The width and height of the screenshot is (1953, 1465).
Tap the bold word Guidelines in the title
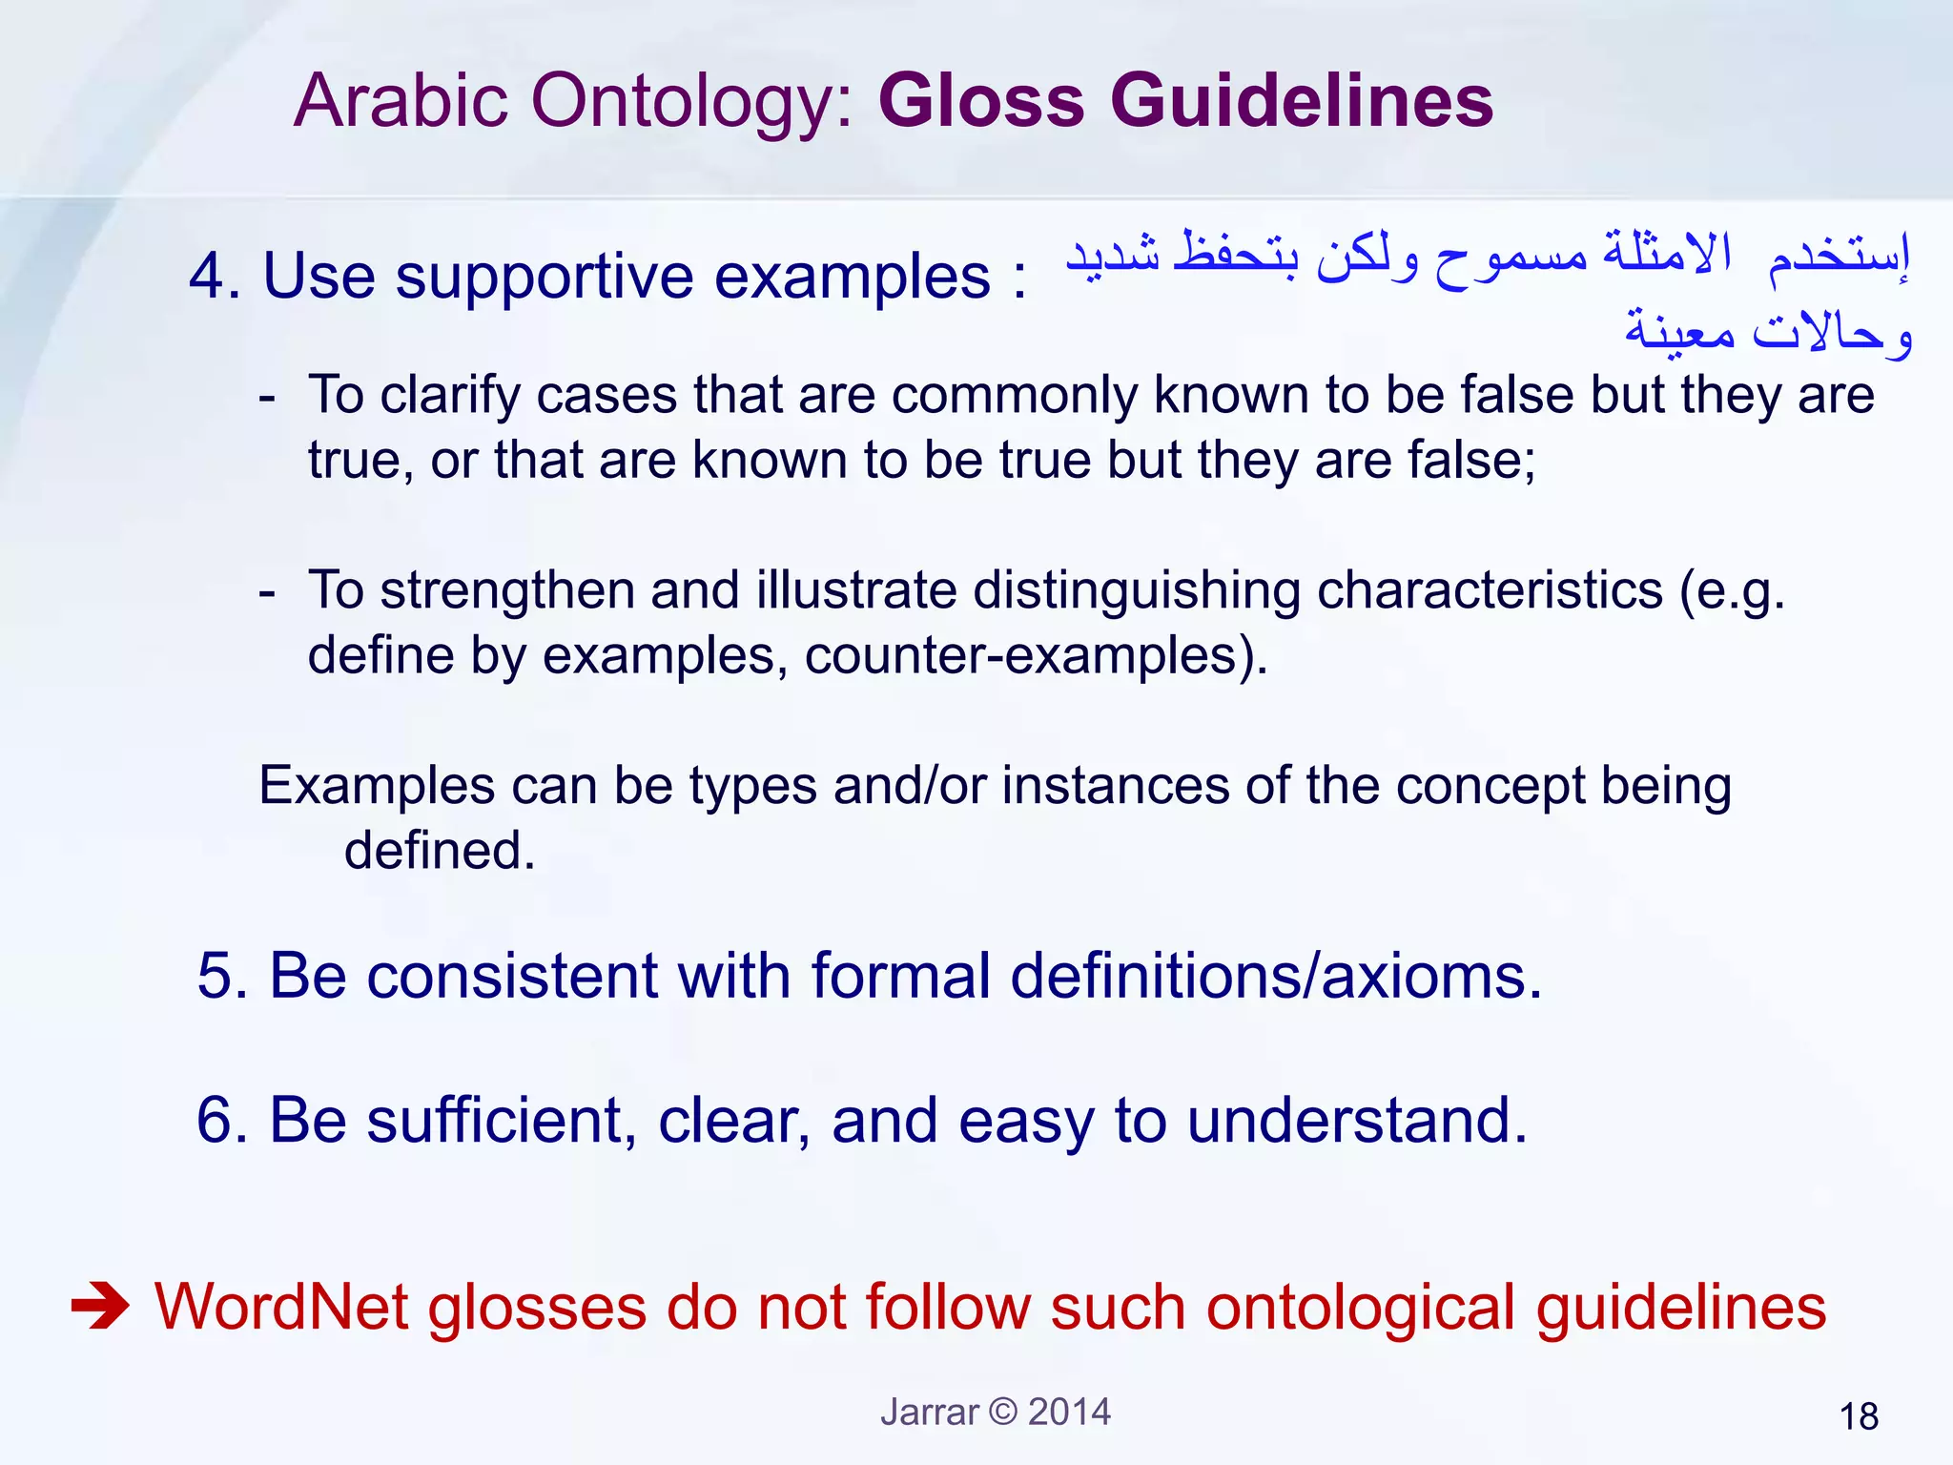(1301, 101)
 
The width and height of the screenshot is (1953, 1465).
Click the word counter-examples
(1035, 656)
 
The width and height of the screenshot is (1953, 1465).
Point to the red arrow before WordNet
(100, 1307)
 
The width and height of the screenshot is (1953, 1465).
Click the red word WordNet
(282, 1307)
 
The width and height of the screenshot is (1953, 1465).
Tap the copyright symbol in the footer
(1003, 1412)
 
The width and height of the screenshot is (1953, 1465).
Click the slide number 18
(1859, 1417)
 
